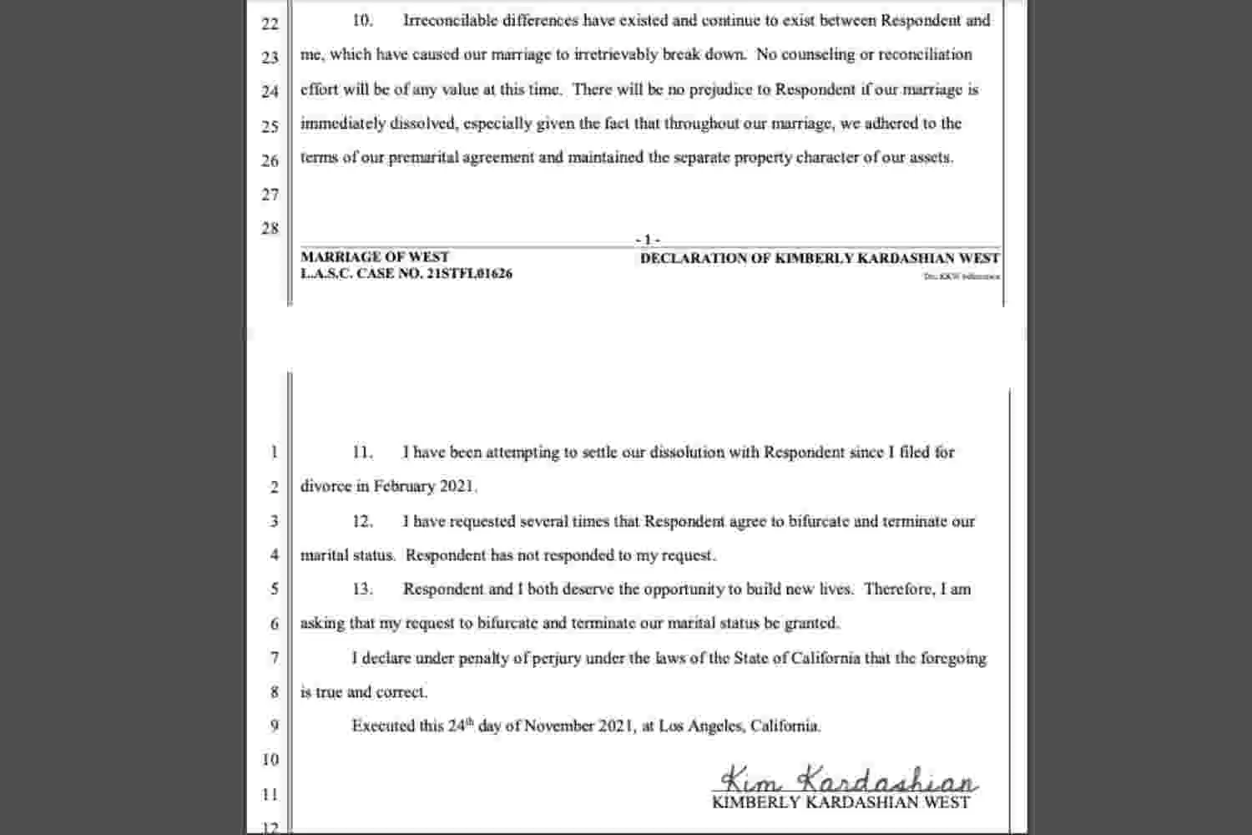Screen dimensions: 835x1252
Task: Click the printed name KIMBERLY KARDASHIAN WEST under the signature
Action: point(841,803)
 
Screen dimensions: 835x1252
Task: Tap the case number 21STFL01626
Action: point(469,274)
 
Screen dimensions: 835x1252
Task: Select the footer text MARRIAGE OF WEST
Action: point(375,257)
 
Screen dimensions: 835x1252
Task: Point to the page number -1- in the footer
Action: point(648,240)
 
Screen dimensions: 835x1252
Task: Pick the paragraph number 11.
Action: point(361,453)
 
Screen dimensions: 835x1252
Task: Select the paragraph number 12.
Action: point(361,522)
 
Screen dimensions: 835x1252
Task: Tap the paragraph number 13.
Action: point(361,590)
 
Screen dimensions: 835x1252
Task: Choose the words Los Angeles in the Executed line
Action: point(699,726)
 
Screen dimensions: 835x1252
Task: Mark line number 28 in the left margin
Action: point(270,229)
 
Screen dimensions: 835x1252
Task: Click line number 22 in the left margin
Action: point(270,23)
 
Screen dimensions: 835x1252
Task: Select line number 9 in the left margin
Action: point(274,726)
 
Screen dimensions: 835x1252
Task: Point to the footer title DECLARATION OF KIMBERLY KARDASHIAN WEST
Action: point(820,259)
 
